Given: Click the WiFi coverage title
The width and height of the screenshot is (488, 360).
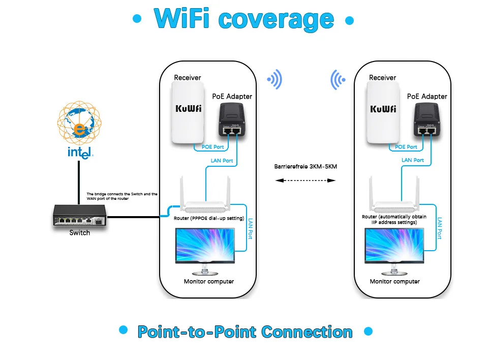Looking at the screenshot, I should (244, 19).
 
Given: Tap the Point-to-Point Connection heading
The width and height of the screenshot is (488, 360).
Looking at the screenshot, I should (245, 332).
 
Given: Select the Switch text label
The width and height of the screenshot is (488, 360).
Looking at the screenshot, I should (80, 233).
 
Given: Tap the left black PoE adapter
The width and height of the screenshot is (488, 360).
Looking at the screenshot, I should (231, 119).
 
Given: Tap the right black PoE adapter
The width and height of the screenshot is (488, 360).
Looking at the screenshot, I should (426, 119).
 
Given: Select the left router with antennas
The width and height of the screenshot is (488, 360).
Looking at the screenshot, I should (206, 201).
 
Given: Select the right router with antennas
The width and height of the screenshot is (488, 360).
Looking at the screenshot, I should (394, 201).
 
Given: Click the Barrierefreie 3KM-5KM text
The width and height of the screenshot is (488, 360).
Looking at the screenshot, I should (306, 167).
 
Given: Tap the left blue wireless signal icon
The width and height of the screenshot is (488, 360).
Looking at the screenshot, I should (275, 79).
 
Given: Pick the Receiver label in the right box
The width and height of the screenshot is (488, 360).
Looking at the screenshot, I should (382, 78).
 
